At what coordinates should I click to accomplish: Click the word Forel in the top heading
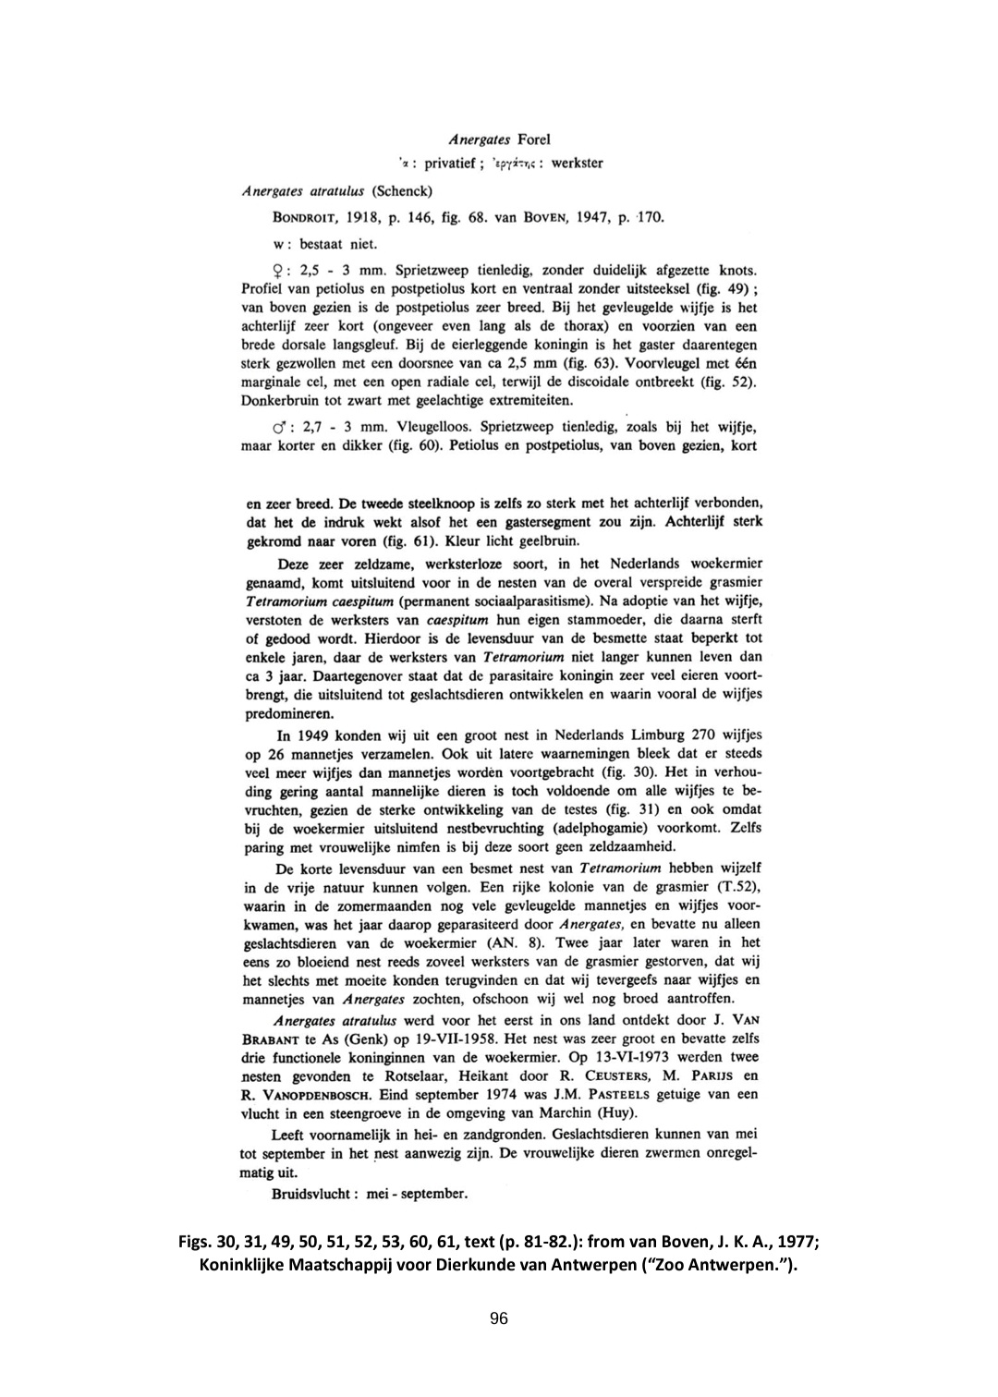coord(533,140)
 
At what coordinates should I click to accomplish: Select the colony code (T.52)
coord(736,887)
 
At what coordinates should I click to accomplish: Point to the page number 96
coord(499,1318)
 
